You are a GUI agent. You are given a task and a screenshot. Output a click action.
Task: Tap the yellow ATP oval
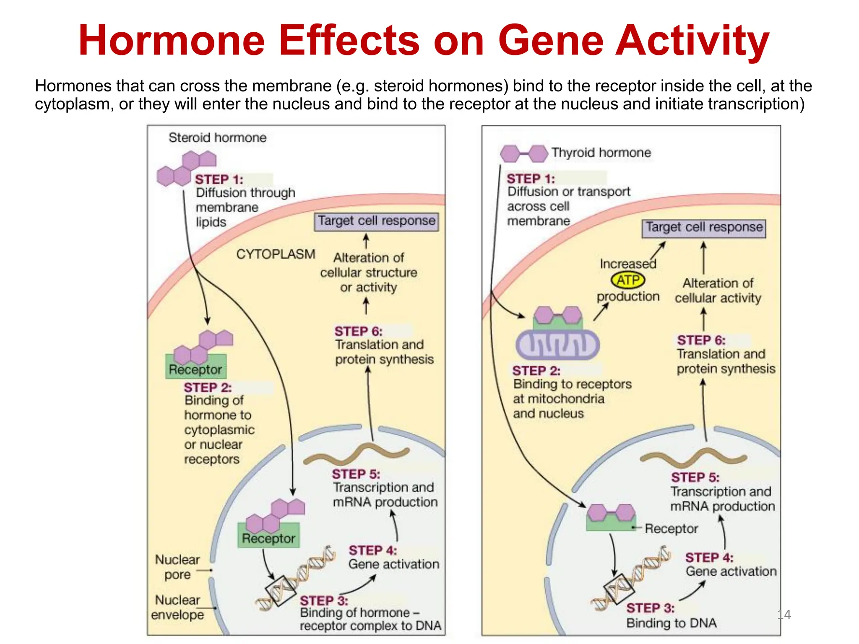click(628, 280)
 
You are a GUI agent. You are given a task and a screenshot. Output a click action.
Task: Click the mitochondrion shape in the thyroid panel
click(557, 345)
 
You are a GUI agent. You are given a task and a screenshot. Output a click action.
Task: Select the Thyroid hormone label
click(601, 153)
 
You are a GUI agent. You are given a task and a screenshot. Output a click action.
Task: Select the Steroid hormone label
click(217, 138)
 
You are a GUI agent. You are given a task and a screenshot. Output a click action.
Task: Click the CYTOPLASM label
click(276, 254)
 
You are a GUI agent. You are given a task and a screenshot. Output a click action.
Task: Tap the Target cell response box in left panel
click(376, 221)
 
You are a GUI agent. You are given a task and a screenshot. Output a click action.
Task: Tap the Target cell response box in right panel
click(704, 228)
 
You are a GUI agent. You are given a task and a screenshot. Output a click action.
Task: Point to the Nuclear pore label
click(177, 567)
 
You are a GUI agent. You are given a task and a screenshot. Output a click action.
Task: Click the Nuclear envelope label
click(177, 607)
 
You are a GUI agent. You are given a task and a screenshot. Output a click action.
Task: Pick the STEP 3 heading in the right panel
click(650, 608)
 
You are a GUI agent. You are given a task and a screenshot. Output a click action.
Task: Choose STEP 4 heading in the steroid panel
click(372, 550)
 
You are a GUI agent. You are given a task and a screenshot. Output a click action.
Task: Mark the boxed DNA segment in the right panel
click(618, 588)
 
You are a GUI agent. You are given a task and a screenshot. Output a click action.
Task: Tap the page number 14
click(784, 615)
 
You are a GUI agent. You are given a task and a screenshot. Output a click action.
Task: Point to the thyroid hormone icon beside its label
click(524, 154)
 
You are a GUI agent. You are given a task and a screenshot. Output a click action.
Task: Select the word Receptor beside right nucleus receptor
click(671, 529)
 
